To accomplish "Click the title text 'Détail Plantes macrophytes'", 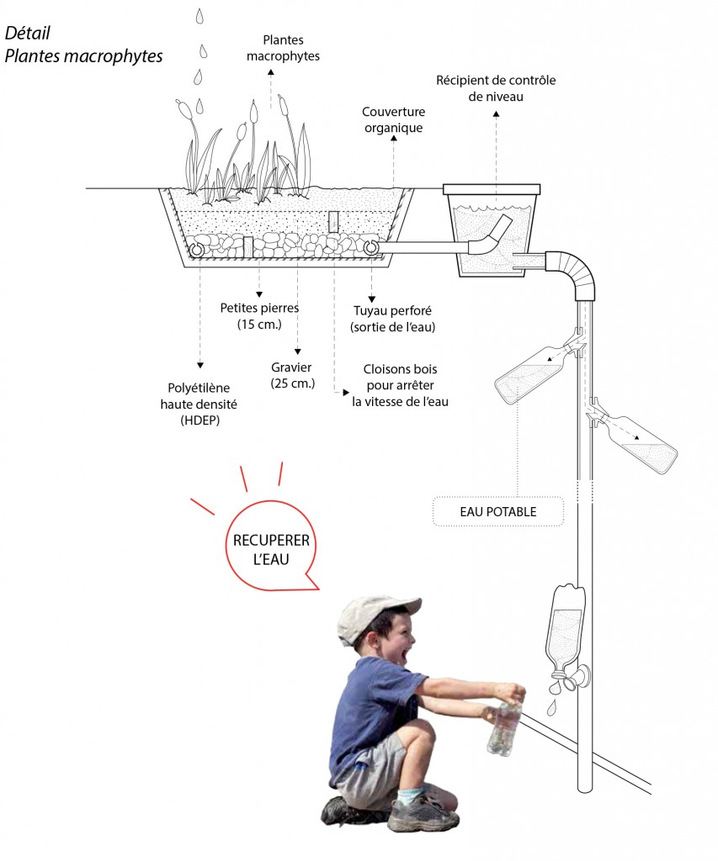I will coord(82,45).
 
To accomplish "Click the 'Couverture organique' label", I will coord(393,120).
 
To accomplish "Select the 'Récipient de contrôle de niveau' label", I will coord(496,88).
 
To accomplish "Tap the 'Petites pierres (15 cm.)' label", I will coord(258,315).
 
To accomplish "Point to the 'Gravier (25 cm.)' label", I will coord(293,375).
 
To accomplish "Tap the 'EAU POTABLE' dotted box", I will coord(497,511).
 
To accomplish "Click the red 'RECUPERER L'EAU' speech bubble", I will coord(270,548).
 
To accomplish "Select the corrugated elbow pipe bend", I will coord(575,272).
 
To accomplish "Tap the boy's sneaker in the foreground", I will coord(422,813).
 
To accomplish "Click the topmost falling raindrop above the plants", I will coord(199,15).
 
